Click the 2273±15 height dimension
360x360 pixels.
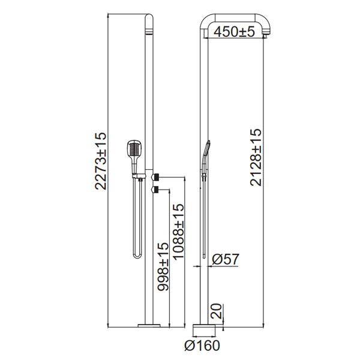[101, 161]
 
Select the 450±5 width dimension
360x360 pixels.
[234, 31]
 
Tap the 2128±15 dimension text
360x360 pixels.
[256, 157]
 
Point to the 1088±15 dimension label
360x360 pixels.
[178, 232]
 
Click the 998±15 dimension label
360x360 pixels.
[163, 266]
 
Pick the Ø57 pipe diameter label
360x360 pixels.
[226, 259]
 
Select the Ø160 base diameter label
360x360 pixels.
[202, 345]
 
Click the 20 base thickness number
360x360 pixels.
[216, 311]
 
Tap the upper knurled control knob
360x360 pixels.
[155, 177]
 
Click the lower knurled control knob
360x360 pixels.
[155, 190]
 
